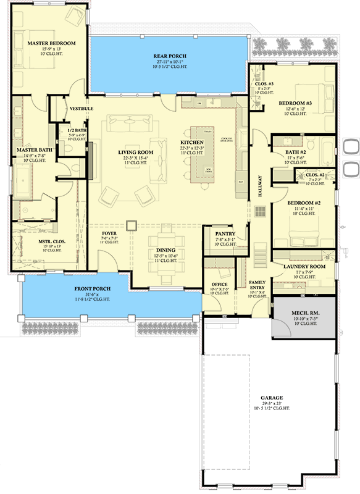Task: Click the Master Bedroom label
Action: pos(51,43)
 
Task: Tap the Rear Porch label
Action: pos(170,56)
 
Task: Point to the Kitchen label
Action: pos(191,141)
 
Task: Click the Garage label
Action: pos(272,397)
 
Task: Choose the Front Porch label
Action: pos(93,288)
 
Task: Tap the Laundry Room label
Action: pos(301,267)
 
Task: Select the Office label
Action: pos(219,284)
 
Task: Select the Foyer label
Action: pos(109,233)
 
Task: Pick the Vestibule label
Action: pos(82,108)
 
